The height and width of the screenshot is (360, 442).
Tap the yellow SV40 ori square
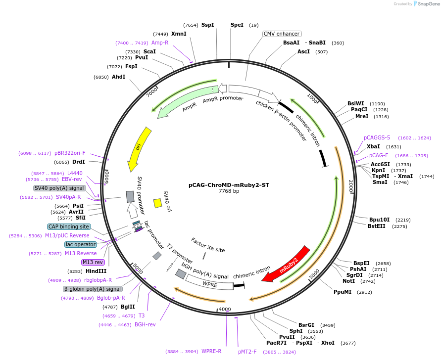[x=158, y=203]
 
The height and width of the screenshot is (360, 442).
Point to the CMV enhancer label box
[x=282, y=34]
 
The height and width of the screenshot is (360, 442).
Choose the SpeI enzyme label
[x=237, y=25]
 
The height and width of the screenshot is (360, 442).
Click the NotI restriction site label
[x=348, y=280]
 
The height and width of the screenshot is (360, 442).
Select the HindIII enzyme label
[x=96, y=271]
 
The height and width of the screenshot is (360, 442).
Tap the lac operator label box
[x=80, y=244]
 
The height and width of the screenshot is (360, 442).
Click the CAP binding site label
[x=69, y=226]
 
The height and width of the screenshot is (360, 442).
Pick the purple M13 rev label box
[x=93, y=262]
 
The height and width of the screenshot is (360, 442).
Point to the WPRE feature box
[x=209, y=284]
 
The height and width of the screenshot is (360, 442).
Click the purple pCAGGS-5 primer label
[x=377, y=137]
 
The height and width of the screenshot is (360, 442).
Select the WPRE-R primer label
[x=211, y=351]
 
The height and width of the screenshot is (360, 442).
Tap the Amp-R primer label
[x=160, y=43]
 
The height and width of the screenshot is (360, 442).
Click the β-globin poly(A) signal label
[x=93, y=289]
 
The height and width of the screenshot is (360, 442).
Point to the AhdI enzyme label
[x=118, y=77]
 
